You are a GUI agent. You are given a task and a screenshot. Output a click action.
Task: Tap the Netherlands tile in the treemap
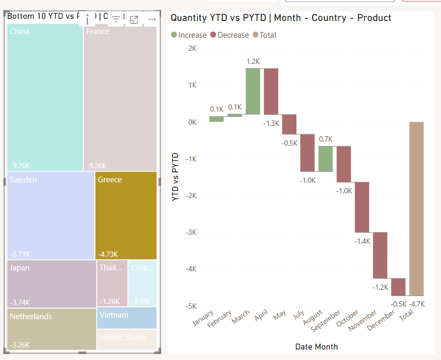(x=52, y=329)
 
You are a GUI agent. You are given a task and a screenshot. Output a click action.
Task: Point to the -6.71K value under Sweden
(x=20, y=254)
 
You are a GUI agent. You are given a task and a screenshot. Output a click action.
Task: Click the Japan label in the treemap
(x=20, y=268)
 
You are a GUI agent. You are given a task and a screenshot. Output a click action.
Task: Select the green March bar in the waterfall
(x=252, y=91)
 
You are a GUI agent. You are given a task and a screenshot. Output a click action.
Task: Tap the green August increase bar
(x=325, y=159)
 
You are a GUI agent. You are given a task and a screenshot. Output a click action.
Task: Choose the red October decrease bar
(x=361, y=207)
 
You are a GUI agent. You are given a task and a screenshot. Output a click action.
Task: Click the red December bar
(x=398, y=287)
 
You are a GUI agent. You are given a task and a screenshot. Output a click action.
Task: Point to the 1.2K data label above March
(x=253, y=62)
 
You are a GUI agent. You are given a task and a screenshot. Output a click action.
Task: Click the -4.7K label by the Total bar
(x=416, y=304)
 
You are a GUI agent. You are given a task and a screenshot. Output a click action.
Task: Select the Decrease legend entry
(x=229, y=35)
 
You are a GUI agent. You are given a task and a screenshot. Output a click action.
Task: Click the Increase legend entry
(x=189, y=35)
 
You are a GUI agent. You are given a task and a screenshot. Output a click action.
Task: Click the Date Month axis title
(x=316, y=346)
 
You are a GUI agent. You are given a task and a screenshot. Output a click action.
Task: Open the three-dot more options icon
(x=152, y=19)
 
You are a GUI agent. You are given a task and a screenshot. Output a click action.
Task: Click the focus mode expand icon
(x=134, y=19)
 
